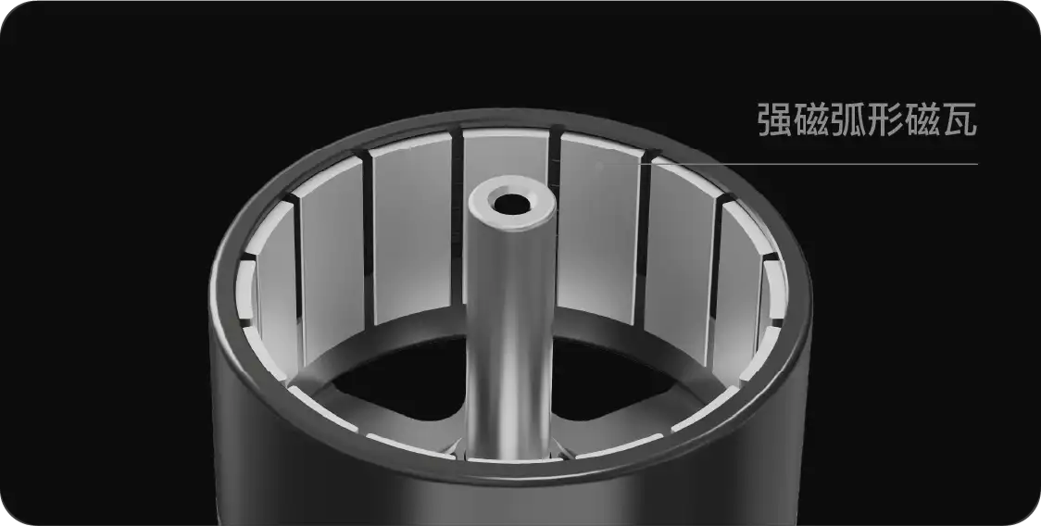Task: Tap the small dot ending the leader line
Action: point(600,166)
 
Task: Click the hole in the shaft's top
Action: point(509,201)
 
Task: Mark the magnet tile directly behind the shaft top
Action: point(506,157)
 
